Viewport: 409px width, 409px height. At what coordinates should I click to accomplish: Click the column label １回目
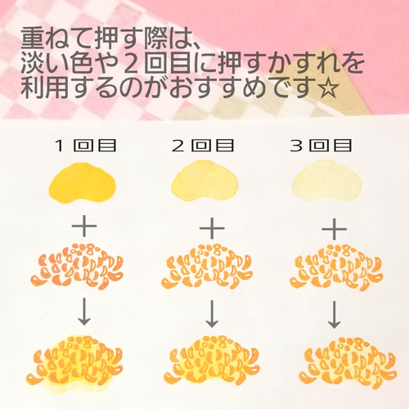pyautogui.click(x=84, y=146)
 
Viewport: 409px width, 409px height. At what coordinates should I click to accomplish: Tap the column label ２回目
pyautogui.click(x=203, y=146)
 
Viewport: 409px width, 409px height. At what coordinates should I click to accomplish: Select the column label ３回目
pyautogui.click(x=321, y=146)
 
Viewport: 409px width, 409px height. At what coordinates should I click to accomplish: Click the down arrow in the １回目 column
pyautogui.click(x=85, y=312)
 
